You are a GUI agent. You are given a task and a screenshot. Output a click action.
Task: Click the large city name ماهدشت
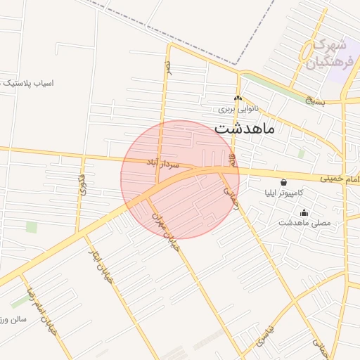[244, 129]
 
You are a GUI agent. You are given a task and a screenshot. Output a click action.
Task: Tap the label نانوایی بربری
[238, 110]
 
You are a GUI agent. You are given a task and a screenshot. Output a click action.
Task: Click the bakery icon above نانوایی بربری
[238, 98]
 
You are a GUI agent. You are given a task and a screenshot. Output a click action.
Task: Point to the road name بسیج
[316, 101]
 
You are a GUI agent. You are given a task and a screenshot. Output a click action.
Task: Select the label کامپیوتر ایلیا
[283, 193]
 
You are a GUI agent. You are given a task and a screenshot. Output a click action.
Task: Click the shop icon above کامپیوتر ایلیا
[283, 182]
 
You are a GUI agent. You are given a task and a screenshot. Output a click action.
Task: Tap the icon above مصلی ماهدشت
[304, 213]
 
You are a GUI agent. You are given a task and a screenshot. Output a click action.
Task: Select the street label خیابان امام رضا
[40, 309]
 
